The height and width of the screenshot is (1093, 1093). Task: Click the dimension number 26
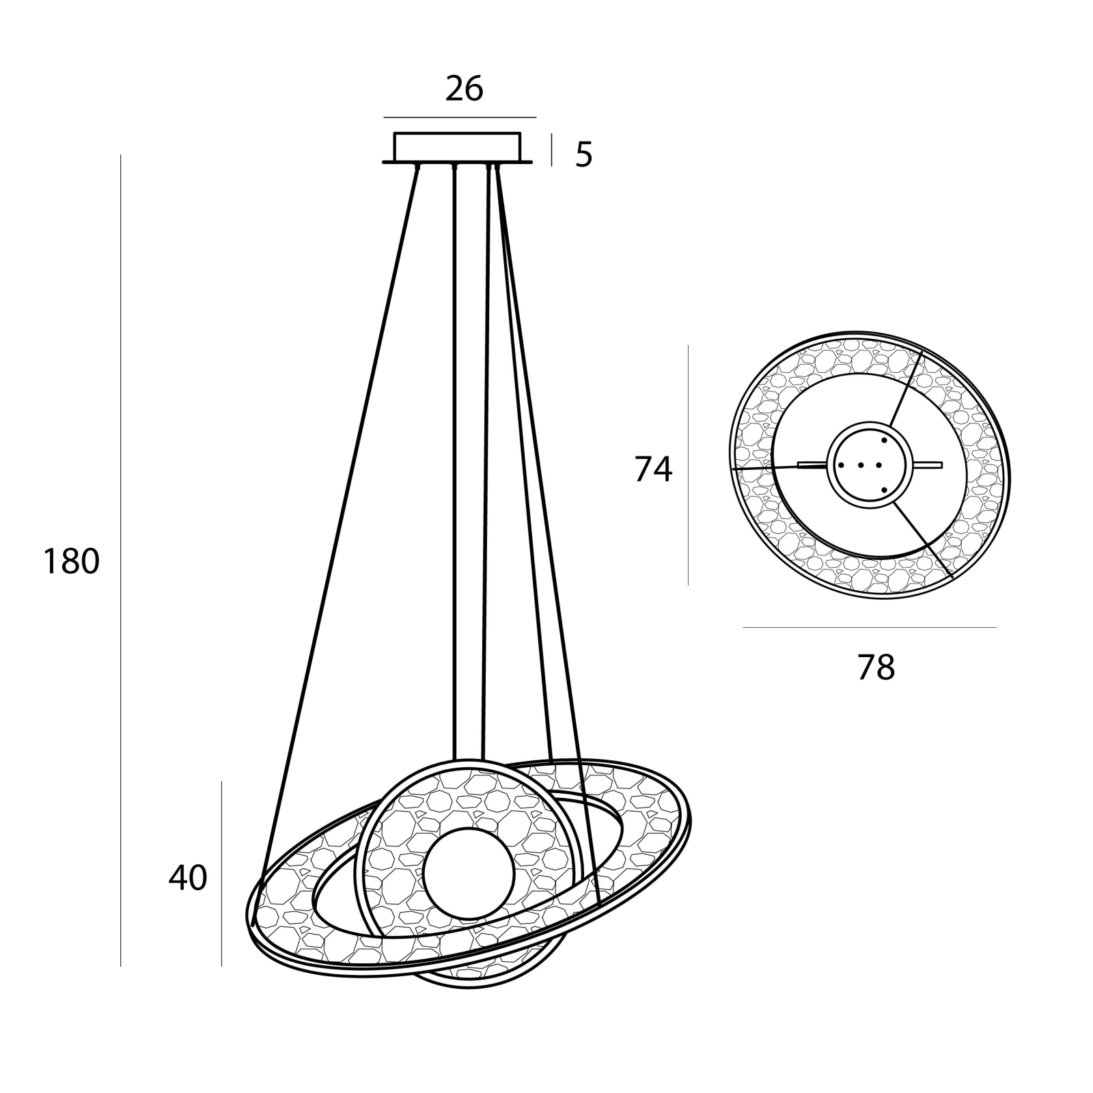[465, 89]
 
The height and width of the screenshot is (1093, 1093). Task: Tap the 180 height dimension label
[72, 562]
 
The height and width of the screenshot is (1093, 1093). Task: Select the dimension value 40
[188, 878]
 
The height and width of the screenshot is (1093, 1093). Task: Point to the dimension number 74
[654, 469]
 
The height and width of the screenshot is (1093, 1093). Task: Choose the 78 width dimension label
[876, 667]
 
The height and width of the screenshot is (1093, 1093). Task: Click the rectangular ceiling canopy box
[457, 146]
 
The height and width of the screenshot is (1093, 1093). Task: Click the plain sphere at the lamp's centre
[467, 870]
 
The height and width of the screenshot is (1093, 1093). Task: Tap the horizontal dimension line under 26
[460, 117]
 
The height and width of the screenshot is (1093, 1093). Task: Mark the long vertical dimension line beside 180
[121, 560]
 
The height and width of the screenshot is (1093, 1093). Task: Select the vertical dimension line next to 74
[688, 465]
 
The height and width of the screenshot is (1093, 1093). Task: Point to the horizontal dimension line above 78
[870, 627]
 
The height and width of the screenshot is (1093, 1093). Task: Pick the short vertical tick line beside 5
[551, 150]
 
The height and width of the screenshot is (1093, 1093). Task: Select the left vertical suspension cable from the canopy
[454, 462]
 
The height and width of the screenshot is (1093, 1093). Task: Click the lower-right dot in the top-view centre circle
[884, 490]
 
